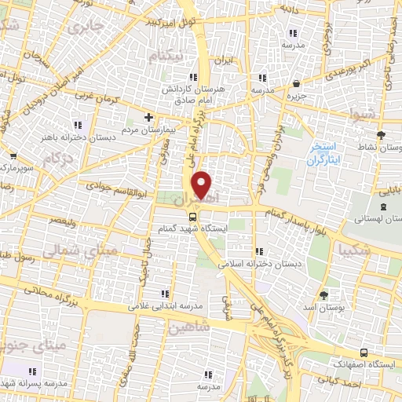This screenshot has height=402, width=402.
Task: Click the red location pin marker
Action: pyautogui.click(x=203, y=185)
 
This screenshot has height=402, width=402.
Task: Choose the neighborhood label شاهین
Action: pyautogui.click(x=189, y=327)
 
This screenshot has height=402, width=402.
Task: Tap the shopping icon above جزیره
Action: pyautogui.click(x=296, y=84)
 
